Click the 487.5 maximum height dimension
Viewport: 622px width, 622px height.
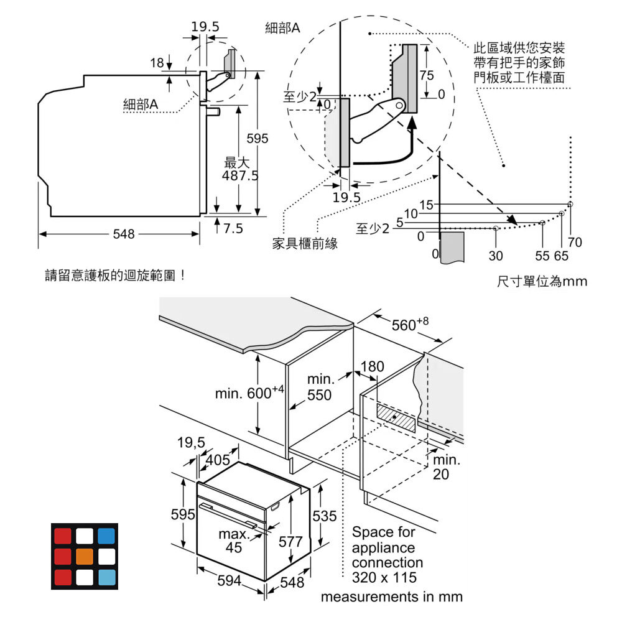(x=239, y=170)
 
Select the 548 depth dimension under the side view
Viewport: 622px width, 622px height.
(x=123, y=234)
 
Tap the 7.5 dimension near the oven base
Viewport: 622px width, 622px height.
(x=233, y=229)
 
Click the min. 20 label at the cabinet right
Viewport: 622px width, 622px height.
(x=447, y=467)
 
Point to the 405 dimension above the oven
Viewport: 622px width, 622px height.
(x=217, y=460)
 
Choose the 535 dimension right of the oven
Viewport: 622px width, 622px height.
(x=324, y=516)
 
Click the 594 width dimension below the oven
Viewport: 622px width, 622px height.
(x=230, y=581)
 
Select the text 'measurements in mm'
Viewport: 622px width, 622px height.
(x=391, y=597)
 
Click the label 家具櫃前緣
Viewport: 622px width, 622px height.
(x=305, y=244)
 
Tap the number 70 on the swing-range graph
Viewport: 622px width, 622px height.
(x=575, y=243)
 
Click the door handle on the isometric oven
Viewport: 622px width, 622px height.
(x=233, y=514)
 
